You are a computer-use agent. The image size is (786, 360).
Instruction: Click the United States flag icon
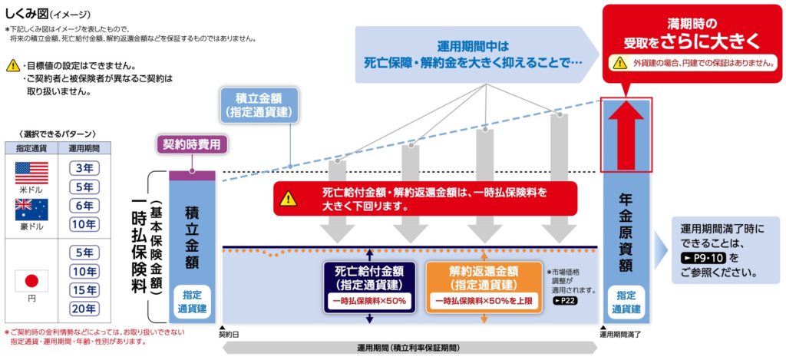click(31, 173)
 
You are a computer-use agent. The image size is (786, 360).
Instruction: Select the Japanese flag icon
click(31, 281)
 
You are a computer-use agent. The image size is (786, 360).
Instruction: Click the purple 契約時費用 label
click(192, 144)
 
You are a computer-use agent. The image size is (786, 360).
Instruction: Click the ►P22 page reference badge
click(566, 302)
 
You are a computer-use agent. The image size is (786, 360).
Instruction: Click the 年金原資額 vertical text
click(626, 232)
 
